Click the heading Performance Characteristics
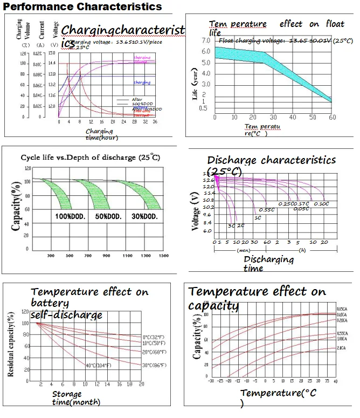tap(82, 6)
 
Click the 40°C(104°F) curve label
tap(98, 365)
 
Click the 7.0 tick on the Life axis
tap(205, 40)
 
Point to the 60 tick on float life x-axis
tap(331, 117)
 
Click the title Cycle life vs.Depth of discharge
tap(90, 157)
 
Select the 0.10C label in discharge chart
tap(321, 204)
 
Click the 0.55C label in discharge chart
tap(267, 209)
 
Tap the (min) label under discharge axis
tap(244, 250)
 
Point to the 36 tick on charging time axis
tap(155, 122)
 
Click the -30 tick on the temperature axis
tap(210, 381)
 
